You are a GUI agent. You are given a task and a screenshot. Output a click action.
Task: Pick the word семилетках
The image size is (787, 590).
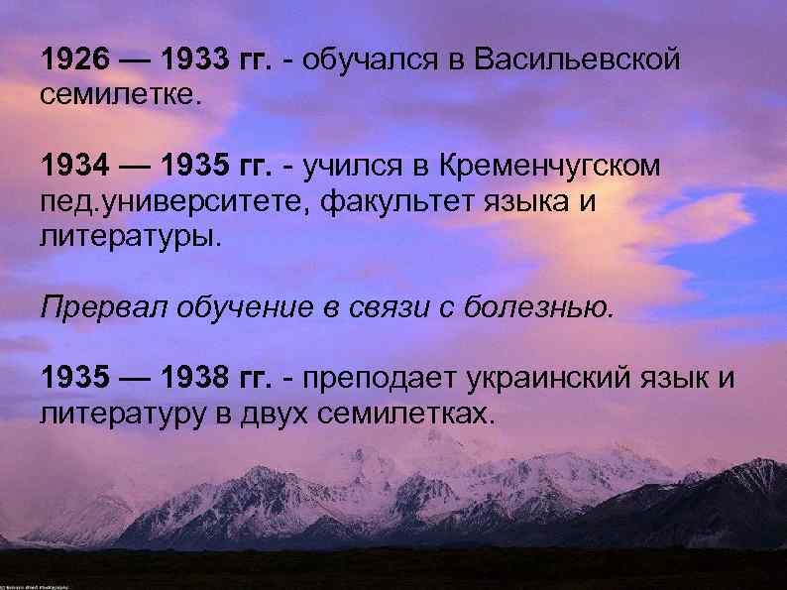point(405,412)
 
